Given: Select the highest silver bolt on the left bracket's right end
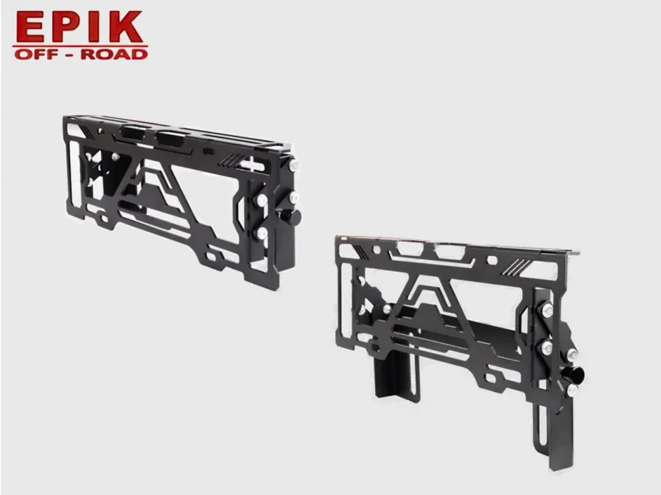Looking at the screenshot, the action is point(293,165).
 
